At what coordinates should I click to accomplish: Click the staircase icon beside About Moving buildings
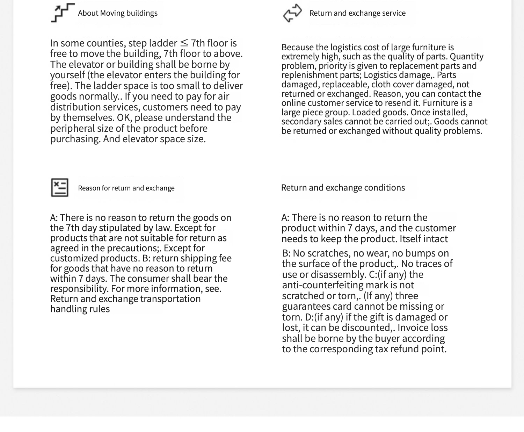click(x=62, y=13)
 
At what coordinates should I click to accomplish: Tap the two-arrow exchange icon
click(x=292, y=13)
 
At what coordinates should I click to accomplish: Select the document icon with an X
click(x=60, y=188)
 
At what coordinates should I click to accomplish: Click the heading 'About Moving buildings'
click(x=117, y=13)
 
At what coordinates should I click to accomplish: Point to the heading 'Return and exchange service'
click(x=357, y=13)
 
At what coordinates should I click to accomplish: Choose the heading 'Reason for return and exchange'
click(x=126, y=188)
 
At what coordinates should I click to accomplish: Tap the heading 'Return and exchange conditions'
click(x=343, y=188)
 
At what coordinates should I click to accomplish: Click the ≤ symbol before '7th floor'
click(x=184, y=43)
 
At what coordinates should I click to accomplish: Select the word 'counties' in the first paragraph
click(x=106, y=43)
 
